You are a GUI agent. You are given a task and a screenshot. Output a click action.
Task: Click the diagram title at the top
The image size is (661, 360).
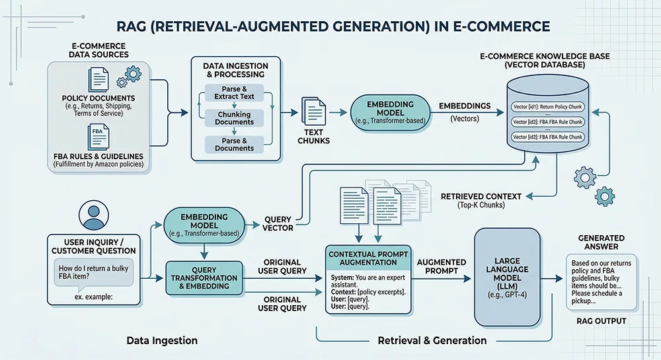point(330,26)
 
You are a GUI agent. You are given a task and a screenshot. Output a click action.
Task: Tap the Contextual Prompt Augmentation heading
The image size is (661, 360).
point(368,258)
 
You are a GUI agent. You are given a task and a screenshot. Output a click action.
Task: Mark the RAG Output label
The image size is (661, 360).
point(601,322)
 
